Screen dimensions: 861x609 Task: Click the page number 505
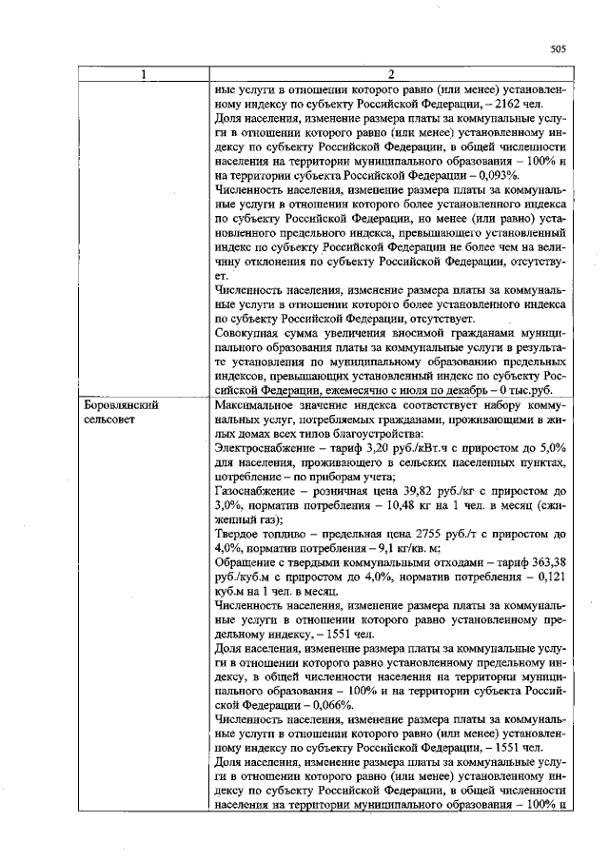click(x=558, y=49)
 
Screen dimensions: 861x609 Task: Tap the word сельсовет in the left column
click(x=110, y=419)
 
